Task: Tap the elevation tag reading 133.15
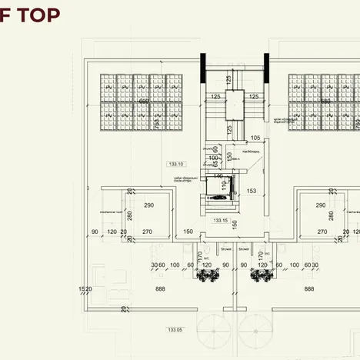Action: tap(221, 221)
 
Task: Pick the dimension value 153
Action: tap(251, 191)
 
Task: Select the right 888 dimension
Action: tap(309, 289)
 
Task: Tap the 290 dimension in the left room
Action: tap(149, 205)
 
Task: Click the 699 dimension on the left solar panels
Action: tap(143, 102)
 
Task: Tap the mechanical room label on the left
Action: tap(113, 210)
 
